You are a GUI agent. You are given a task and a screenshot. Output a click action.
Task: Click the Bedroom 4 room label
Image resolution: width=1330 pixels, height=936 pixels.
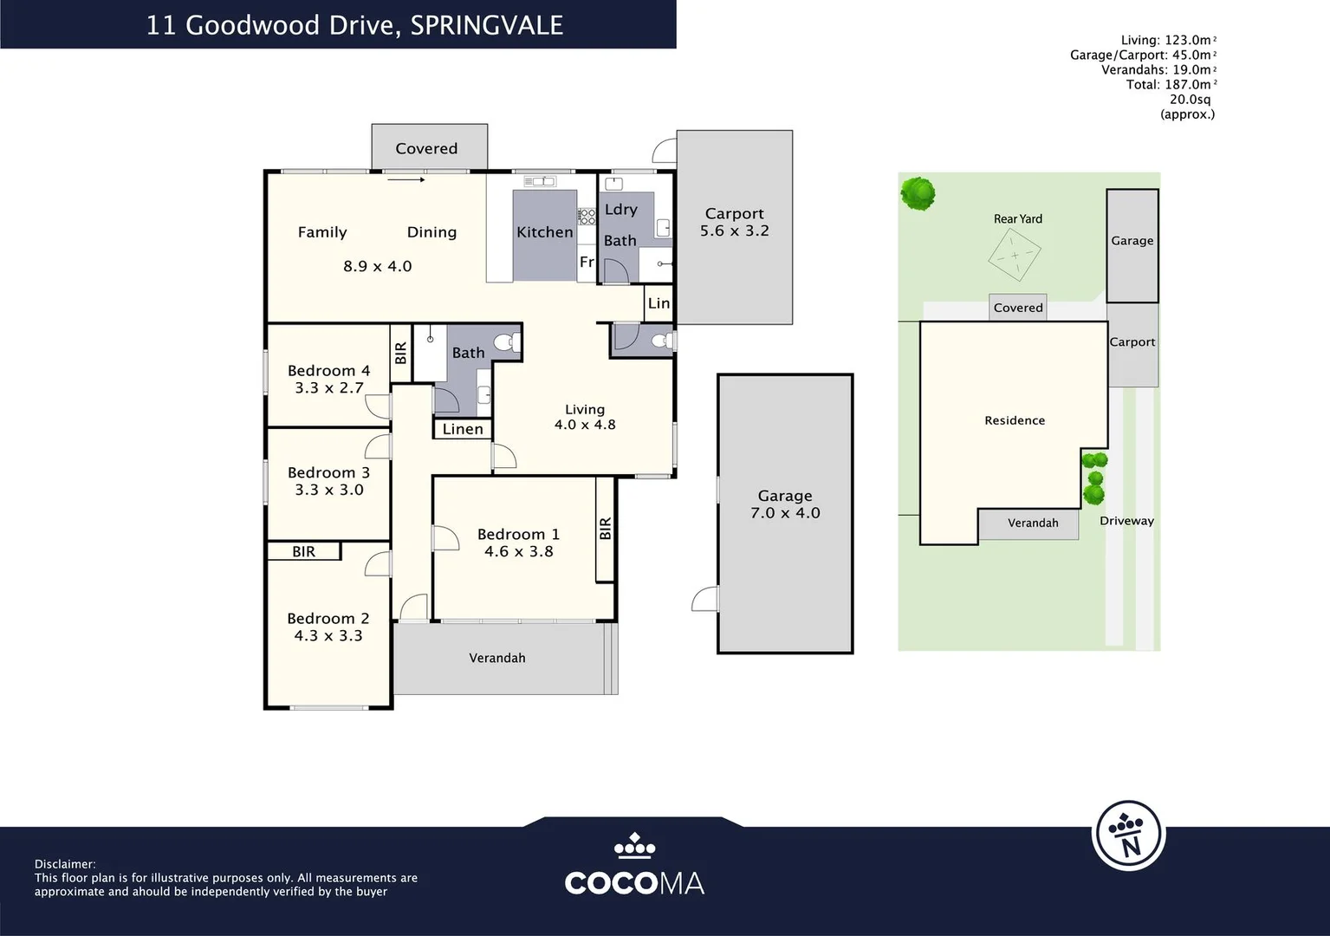click(328, 371)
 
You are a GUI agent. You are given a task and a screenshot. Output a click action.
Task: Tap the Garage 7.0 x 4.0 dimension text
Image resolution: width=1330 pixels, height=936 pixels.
click(785, 513)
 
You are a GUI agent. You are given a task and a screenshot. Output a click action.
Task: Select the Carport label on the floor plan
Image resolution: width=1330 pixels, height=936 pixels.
click(734, 213)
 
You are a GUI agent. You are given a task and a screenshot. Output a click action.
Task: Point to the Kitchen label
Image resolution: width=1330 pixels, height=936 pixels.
click(544, 232)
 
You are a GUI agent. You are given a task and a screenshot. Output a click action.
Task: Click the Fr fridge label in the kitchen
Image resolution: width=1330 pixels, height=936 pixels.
click(587, 262)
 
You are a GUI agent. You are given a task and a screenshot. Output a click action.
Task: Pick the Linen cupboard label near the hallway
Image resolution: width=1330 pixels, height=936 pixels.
click(463, 429)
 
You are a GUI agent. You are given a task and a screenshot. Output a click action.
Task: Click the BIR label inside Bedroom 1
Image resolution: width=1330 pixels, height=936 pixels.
click(605, 529)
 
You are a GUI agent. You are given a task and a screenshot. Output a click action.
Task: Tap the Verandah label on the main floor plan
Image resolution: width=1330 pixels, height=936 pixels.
click(497, 658)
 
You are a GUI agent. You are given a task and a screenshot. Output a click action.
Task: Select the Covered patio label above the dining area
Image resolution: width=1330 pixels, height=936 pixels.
click(426, 148)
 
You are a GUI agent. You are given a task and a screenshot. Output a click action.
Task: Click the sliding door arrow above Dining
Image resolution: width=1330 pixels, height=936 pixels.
click(405, 180)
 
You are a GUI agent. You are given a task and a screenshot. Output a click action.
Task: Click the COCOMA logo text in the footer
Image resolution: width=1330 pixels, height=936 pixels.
click(633, 883)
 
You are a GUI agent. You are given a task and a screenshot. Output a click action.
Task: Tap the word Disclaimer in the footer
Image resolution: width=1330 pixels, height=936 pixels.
click(65, 864)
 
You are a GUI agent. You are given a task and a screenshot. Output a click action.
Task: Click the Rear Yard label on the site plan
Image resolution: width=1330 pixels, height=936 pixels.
click(1017, 219)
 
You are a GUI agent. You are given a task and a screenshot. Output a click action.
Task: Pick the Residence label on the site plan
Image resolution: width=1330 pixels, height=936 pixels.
click(1015, 420)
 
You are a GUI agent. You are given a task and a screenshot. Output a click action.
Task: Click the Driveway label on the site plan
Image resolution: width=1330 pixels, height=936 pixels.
click(1126, 521)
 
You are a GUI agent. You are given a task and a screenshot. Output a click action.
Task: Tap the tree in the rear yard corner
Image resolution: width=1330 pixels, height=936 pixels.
click(918, 192)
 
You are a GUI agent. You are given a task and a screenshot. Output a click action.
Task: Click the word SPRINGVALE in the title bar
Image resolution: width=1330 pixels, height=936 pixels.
click(486, 25)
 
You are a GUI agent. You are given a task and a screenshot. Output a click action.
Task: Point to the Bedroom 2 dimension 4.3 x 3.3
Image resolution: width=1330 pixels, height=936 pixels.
click(328, 636)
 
